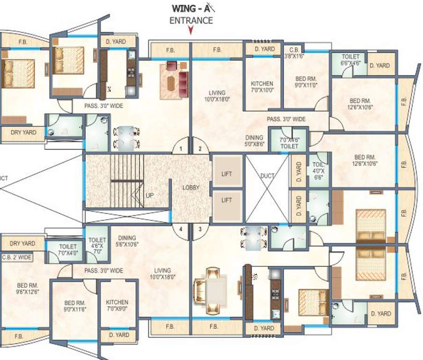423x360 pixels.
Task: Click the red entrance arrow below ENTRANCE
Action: [190, 31]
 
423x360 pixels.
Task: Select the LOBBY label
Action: [191, 187]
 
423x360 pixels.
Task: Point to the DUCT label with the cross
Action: [267, 176]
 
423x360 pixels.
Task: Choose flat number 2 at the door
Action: [200, 149]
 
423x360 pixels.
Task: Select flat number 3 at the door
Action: [200, 229]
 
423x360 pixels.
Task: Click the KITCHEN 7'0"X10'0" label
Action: [261, 87]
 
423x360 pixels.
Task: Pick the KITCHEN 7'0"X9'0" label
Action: [117, 306]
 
